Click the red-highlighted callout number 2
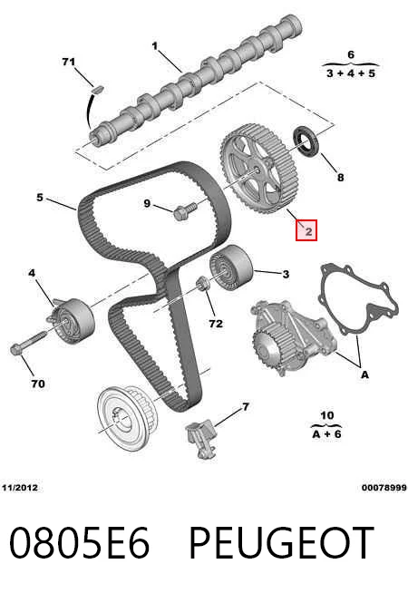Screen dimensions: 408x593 (x=306, y=230)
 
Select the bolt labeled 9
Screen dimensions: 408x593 (x=185, y=210)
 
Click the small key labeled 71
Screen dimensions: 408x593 (x=98, y=90)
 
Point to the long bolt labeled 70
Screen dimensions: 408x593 (x=29, y=342)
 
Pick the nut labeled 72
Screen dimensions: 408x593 (x=203, y=284)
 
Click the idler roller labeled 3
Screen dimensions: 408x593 (x=230, y=267)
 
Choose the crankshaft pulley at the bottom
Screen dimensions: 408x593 (x=127, y=415)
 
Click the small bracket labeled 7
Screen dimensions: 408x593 (x=201, y=439)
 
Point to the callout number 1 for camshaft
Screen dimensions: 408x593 (x=155, y=46)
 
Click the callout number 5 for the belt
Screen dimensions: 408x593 (x=40, y=197)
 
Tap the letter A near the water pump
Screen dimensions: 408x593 (x=364, y=374)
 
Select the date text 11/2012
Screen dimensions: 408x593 (x=20, y=488)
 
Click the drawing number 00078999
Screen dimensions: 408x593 (x=384, y=488)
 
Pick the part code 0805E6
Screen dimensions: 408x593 (x=79, y=542)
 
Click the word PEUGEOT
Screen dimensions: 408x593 (x=281, y=542)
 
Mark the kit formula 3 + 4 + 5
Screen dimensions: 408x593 (x=351, y=73)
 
